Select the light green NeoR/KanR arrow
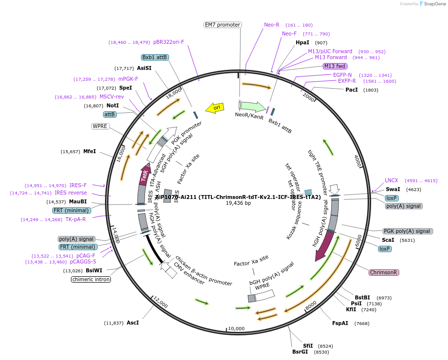[253, 106]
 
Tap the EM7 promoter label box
[222, 25]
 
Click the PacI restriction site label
[351, 90]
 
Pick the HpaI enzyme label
[302, 43]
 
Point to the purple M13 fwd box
[335, 66]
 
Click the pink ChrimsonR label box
[384, 272]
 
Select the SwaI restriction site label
[393, 189]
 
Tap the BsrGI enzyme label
[300, 352]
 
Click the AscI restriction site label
[133, 323]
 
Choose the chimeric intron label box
[91, 279]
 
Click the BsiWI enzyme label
[94, 270]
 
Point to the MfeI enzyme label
[89, 151]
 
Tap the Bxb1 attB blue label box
[155, 57]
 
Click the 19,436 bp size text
[238, 203]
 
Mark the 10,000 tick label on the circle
[236, 328]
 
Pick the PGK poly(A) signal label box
[408, 231]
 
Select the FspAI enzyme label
[340, 323]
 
